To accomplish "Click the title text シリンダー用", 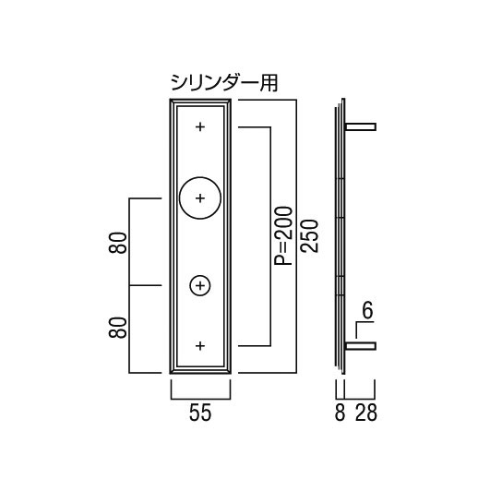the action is pyautogui.click(x=224, y=83).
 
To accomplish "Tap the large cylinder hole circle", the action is pyautogui.click(x=180, y=198).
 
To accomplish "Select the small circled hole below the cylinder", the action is pyautogui.click(x=190, y=285).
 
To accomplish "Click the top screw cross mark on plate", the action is pyautogui.click(x=200, y=126).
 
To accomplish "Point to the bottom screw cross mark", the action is pyautogui.click(x=200, y=346).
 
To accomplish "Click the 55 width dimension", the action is pyautogui.click(x=200, y=413).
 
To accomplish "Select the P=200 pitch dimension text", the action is pyautogui.click(x=283, y=235).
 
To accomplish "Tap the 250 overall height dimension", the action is pyautogui.click(x=309, y=235).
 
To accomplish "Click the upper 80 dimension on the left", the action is pyautogui.click(x=117, y=243).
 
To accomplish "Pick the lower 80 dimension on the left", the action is pyautogui.click(x=117, y=328).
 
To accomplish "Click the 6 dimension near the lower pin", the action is pyautogui.click(x=367, y=311).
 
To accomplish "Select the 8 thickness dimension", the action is pyautogui.click(x=340, y=413).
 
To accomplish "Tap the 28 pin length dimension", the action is pyautogui.click(x=366, y=413).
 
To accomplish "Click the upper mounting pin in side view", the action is pyautogui.click(x=361, y=126).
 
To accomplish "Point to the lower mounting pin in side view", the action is pyautogui.click(x=361, y=346).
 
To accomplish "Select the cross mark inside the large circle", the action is pyautogui.click(x=200, y=198).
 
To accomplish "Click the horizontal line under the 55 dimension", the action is pyautogui.click(x=201, y=399).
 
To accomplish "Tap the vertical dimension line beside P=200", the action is pyautogui.click(x=271, y=236).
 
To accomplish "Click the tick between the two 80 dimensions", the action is pyautogui.click(x=145, y=285).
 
